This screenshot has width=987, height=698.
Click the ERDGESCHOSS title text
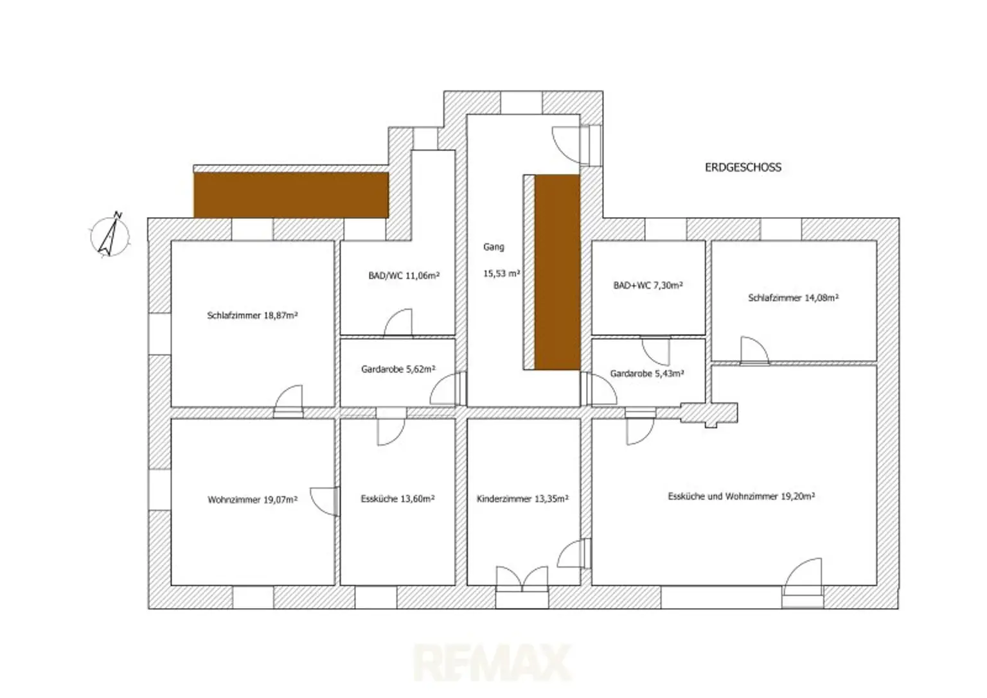point(743,168)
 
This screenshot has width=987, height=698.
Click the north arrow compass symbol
point(110,235)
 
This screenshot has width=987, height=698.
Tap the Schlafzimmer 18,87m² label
point(253,315)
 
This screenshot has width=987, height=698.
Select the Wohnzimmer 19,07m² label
point(253,500)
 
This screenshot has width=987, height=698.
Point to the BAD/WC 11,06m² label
point(404,275)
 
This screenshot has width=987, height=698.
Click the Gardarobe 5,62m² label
point(398,369)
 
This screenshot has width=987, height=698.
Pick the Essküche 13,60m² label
point(398,498)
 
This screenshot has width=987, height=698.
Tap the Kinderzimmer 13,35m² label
point(522,498)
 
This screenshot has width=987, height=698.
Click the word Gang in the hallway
point(493,247)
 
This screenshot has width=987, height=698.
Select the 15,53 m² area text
point(501,274)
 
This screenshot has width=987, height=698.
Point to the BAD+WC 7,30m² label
point(648,285)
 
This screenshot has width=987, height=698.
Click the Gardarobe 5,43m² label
point(647,374)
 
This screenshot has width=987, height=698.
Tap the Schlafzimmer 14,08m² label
point(793,298)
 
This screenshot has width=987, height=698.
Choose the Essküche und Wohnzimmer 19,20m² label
point(741,496)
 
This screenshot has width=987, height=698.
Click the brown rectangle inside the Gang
point(557,272)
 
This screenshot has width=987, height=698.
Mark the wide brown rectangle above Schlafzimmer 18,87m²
point(291,195)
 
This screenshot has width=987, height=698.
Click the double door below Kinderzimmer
point(522,579)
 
